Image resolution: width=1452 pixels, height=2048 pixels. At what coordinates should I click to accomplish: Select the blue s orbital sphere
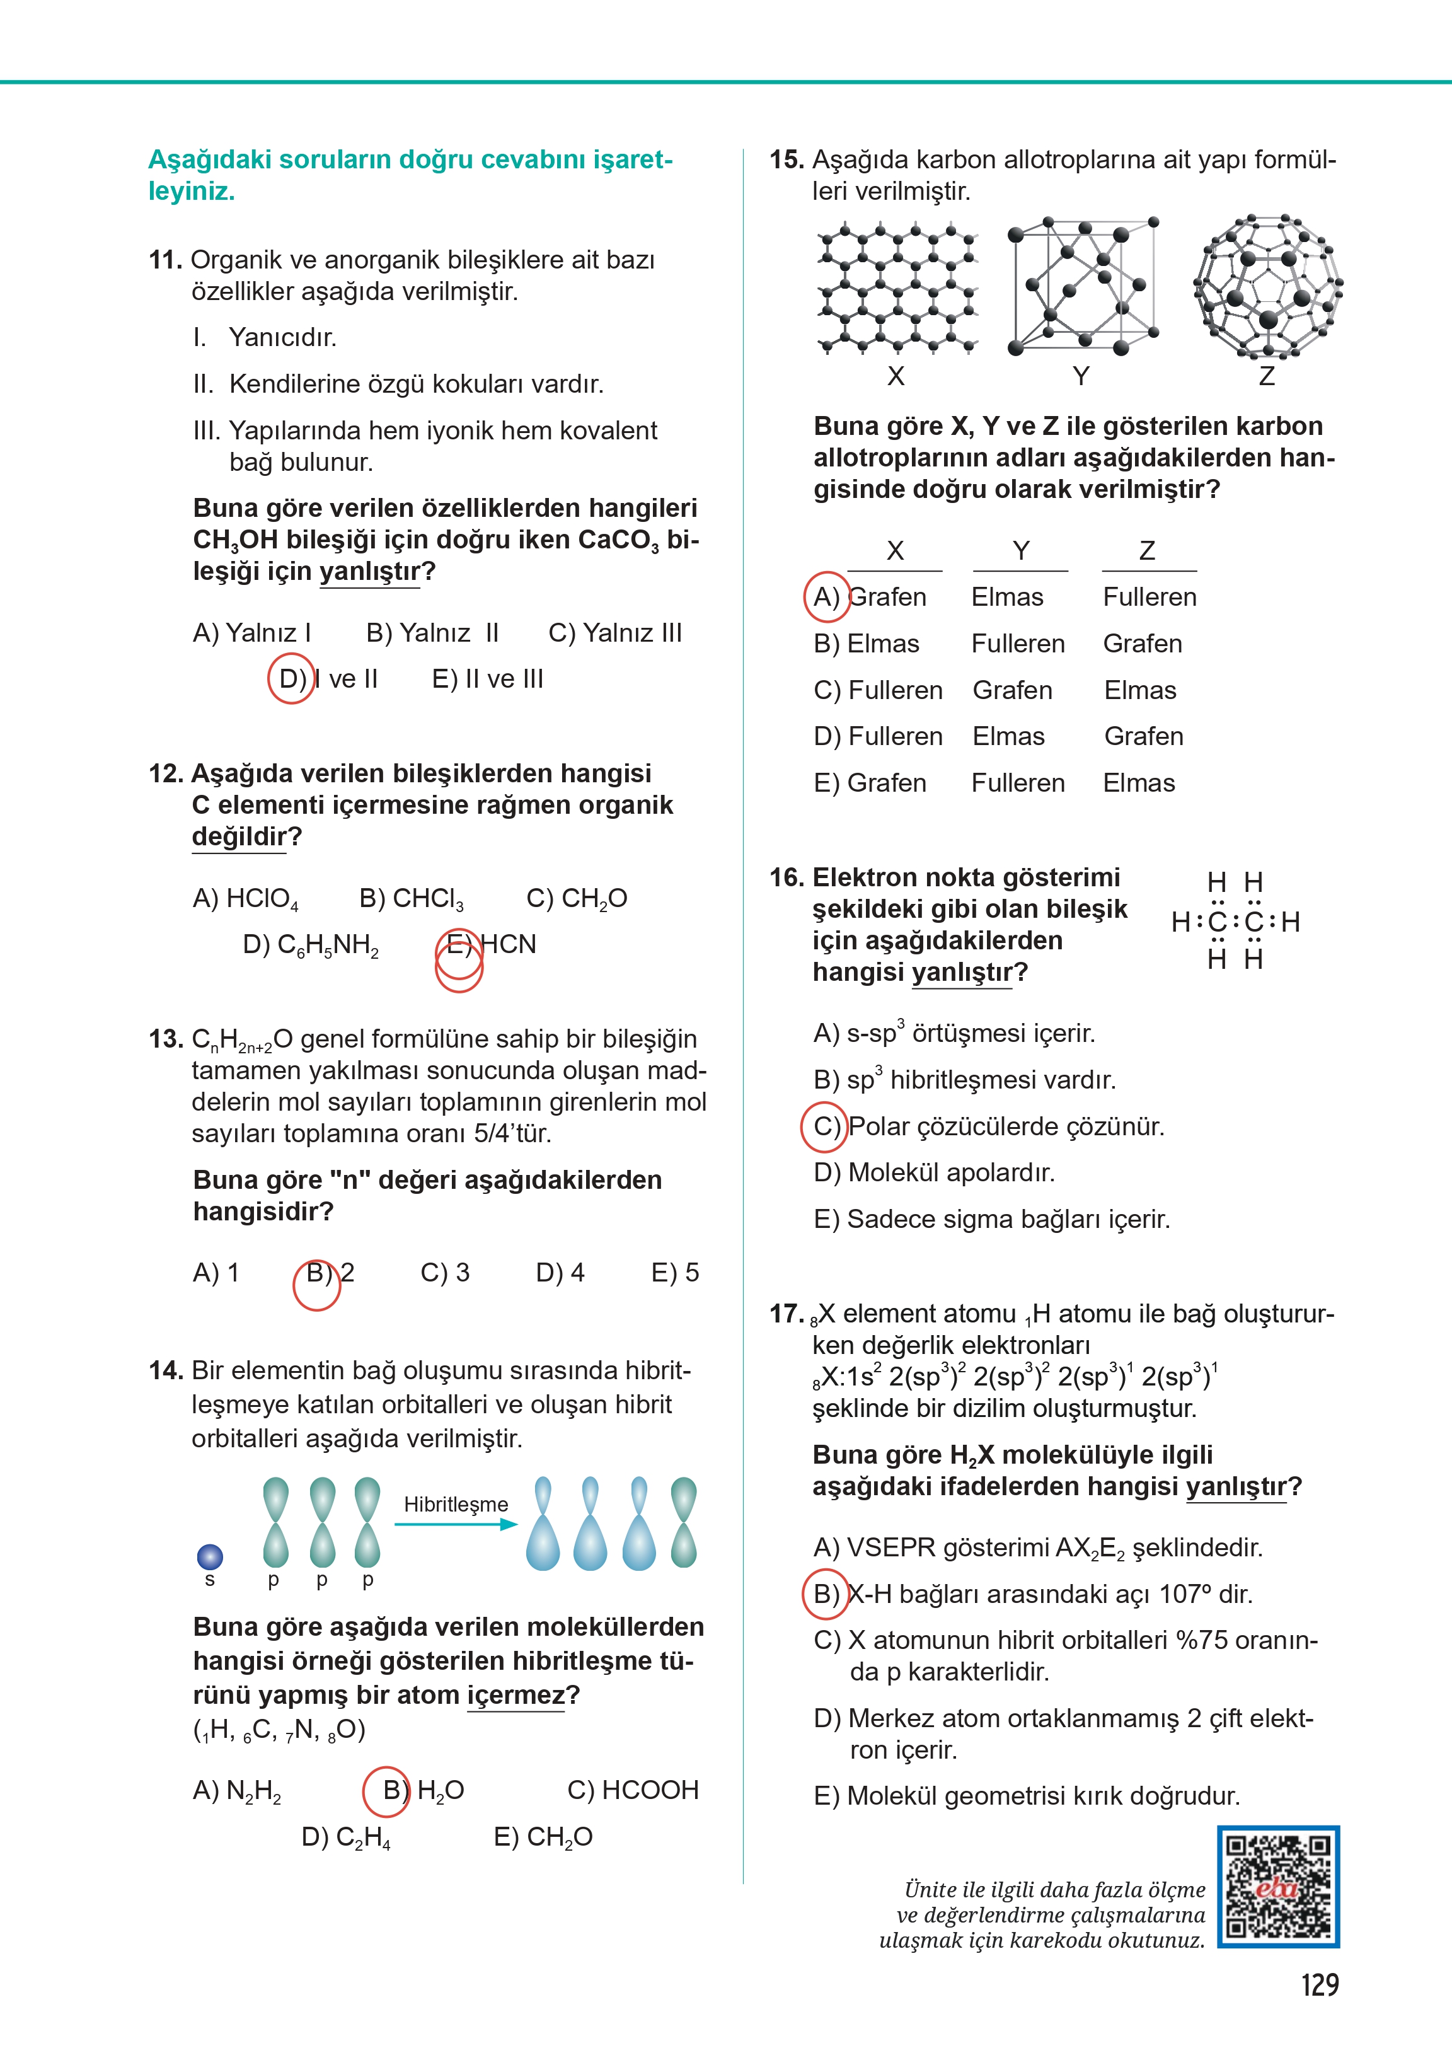tap(209, 1557)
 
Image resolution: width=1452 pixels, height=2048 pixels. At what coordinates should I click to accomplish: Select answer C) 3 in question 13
tap(444, 1273)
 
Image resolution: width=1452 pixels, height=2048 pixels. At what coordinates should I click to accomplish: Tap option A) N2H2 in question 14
tap(237, 1790)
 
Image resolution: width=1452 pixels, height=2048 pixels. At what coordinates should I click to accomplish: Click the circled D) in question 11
tap(292, 680)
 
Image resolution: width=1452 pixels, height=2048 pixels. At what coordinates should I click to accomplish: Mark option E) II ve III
tap(487, 680)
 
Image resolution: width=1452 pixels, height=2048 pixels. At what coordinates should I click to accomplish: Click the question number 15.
tap(786, 160)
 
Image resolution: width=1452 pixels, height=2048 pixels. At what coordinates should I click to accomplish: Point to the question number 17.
tap(786, 1314)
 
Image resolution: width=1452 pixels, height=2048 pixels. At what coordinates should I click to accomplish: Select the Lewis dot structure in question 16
tap(1235, 921)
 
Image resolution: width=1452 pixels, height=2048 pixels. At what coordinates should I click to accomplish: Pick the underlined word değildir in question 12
tap(238, 837)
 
